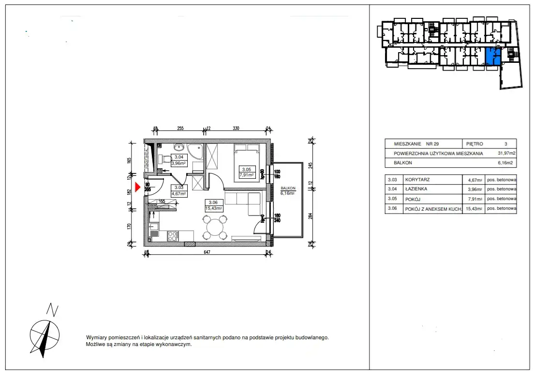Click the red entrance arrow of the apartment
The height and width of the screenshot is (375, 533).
coord(137,187)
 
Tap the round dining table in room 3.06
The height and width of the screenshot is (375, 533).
coord(215,227)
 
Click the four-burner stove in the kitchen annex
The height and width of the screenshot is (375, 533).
coord(172,236)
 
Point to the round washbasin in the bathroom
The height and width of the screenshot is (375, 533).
coord(179,146)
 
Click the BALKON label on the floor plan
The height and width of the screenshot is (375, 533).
coord(288,188)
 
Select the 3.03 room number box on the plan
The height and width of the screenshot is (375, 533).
coord(178,187)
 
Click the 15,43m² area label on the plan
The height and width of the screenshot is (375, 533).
coord(214,208)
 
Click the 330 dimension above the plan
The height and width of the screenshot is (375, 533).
coord(236,129)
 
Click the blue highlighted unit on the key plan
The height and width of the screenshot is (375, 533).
coord(493,57)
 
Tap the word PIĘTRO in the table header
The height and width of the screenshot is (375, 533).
coord(476,144)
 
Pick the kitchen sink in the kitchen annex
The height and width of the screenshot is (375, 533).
coord(154,226)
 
